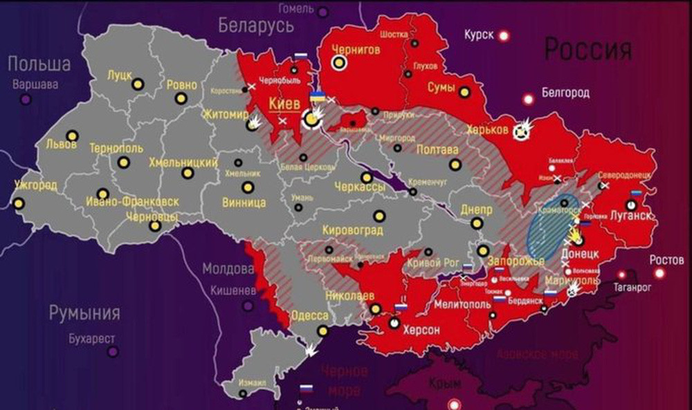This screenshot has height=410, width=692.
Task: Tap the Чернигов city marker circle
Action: tap(339, 64)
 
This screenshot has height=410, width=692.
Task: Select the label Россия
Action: tap(588, 49)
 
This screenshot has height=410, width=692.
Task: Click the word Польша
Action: tap(39, 64)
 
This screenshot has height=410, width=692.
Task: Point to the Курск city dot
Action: tap(504, 35)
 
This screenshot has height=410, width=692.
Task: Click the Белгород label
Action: tap(565, 92)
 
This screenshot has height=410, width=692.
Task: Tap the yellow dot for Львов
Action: tap(72, 136)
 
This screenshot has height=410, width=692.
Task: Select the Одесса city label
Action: tap(309, 315)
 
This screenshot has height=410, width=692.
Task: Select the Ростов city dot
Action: tap(659, 273)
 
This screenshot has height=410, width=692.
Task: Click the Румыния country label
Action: tap(84, 313)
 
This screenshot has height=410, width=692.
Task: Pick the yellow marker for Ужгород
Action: tap(18, 203)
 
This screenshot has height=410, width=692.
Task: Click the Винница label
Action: tap(244, 203)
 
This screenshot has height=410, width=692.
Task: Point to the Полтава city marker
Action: tap(455, 165)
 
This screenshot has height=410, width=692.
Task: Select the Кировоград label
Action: tap(353, 230)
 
